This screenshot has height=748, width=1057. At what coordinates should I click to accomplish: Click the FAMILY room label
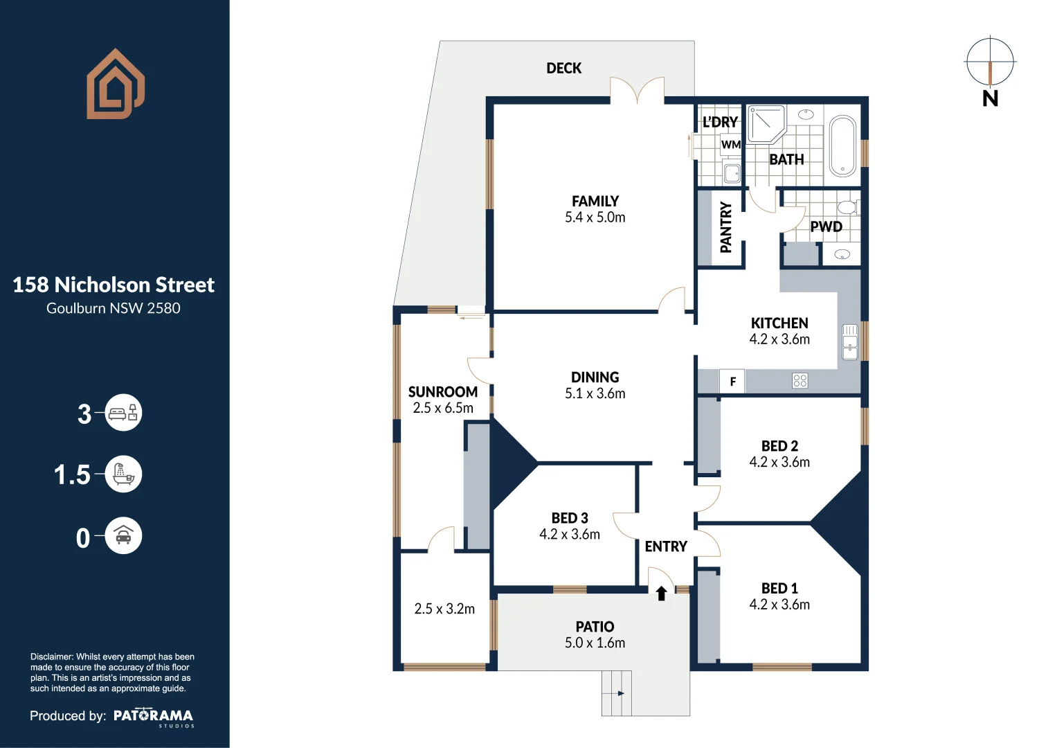[595, 202]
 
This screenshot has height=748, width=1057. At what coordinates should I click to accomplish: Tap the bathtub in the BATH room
[842, 146]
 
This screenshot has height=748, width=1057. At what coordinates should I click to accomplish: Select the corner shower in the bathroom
[765, 123]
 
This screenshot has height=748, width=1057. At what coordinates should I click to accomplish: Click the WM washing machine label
[731, 145]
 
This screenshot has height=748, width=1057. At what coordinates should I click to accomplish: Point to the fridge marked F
[732, 382]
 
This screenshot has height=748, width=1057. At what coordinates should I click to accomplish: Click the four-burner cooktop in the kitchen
[800, 380]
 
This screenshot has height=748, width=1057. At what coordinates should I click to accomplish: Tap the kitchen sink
[849, 342]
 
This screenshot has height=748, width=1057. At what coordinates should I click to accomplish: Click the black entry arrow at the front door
[661, 593]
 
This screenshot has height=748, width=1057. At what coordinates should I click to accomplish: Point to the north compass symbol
[990, 63]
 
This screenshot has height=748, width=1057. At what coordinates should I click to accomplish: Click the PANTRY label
[725, 227]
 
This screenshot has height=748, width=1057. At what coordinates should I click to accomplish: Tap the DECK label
[563, 69]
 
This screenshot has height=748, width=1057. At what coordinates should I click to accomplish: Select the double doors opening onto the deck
[637, 91]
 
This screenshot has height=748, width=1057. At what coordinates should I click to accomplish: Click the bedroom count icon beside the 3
[123, 413]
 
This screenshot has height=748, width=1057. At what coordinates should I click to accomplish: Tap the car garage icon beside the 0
[123, 536]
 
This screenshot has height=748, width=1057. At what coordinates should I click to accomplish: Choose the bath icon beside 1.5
[123, 474]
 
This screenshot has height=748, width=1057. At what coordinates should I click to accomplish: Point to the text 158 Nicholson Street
[114, 285]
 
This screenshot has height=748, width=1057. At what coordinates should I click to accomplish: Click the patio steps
[616, 693]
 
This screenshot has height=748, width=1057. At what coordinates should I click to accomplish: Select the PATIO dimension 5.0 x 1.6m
[595, 643]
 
